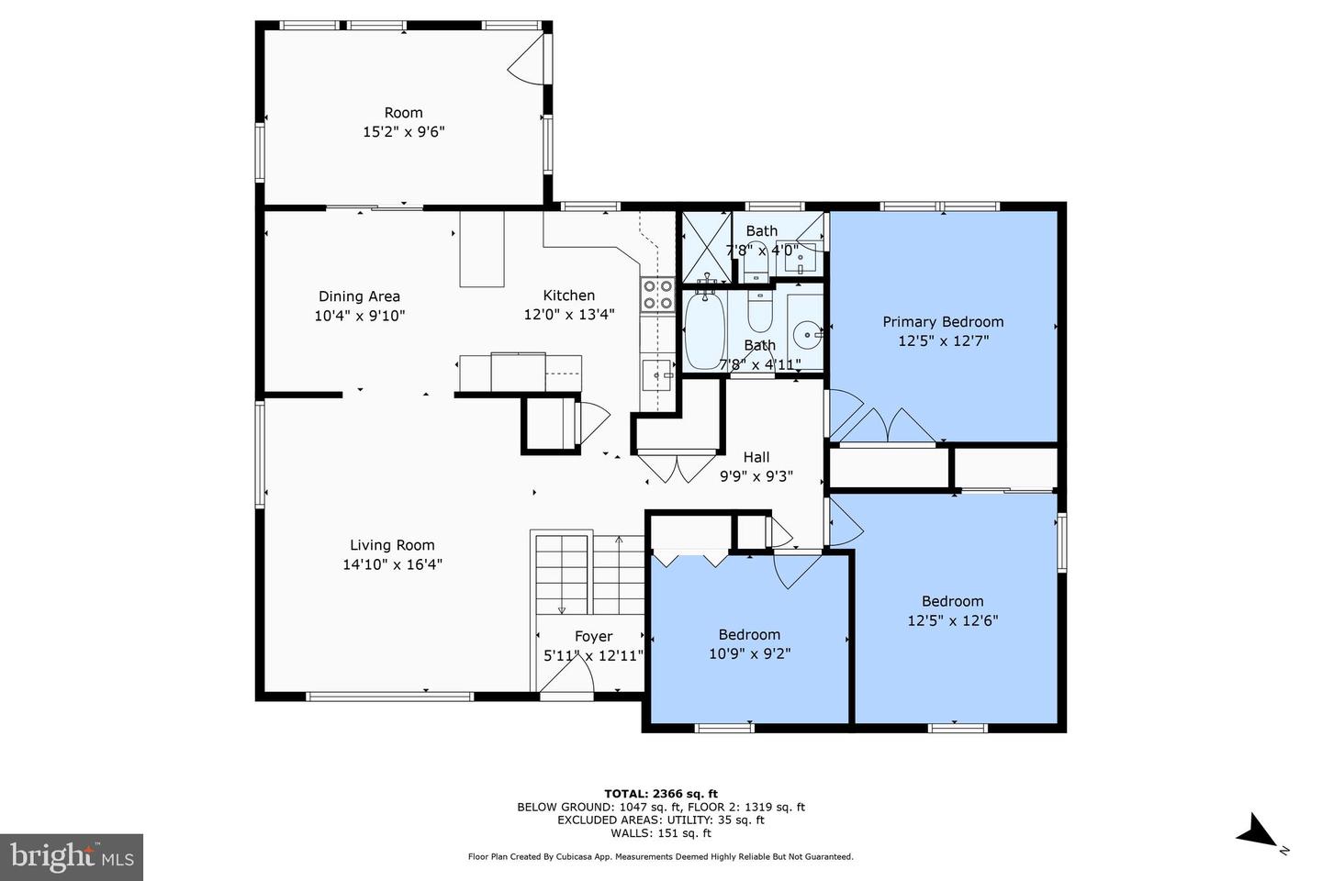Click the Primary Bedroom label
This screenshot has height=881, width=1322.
[943, 321]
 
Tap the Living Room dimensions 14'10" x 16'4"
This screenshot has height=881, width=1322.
[393, 564]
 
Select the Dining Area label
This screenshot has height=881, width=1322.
[360, 296]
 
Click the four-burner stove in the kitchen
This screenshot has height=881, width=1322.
[658, 295]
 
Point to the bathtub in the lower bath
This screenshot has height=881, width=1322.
[705, 329]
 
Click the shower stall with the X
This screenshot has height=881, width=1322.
[707, 246]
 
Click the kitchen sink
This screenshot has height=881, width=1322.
[657, 374]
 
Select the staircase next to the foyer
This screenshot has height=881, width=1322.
[589, 574]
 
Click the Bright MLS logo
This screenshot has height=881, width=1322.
[72, 857]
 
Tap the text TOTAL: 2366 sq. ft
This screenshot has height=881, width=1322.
[661, 794]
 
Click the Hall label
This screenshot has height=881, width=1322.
[756, 457]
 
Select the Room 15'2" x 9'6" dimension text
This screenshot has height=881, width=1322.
[404, 131]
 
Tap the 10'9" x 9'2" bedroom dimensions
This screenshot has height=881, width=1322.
[749, 653]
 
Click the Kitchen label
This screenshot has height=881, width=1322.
[569, 296]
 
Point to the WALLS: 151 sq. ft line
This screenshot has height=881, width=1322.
[661, 833]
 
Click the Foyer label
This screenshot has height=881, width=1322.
[594, 636]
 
